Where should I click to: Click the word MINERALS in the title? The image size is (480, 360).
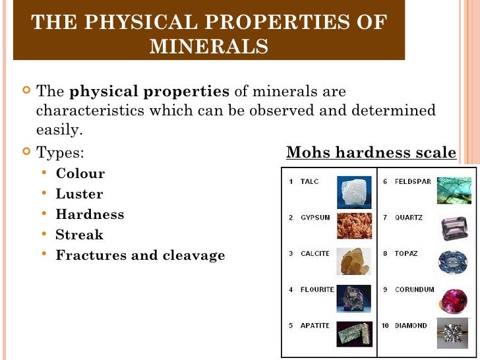coord(209,47)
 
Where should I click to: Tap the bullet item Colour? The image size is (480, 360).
coord(80,174)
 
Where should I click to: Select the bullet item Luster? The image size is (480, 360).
coord(79,195)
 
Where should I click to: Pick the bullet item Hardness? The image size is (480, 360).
coord(90,214)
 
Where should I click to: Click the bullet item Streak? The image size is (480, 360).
coord(79,234)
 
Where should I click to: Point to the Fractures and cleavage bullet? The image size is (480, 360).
coord(140,255)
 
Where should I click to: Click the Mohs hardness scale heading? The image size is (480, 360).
coord(371,153)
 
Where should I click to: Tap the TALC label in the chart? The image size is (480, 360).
coord(309,181)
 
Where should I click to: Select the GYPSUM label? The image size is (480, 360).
coord(315,218)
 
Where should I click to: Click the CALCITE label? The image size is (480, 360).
coord(315,254)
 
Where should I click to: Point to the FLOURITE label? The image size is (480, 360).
coord(317,289)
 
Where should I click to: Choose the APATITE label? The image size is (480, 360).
coord(315,326)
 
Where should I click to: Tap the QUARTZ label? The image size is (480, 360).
coord(409,218)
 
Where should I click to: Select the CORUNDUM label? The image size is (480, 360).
coord(415,289)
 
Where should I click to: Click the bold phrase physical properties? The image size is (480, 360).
coord(150,91)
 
